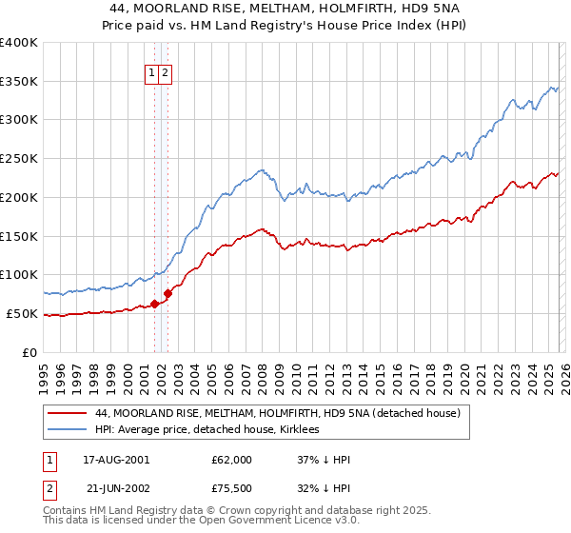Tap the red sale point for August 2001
[x=154, y=305]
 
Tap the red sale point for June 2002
[x=167, y=293]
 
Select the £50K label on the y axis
[x=22, y=313]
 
